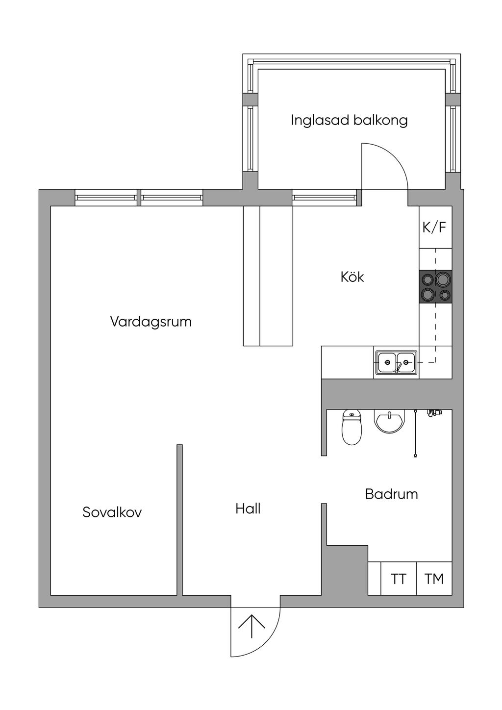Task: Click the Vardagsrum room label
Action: (151, 322)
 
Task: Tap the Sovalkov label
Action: (112, 512)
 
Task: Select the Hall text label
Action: (248, 509)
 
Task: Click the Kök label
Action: (352, 277)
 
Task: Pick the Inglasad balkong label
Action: (349, 121)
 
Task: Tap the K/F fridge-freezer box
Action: (435, 227)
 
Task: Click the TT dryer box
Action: (399, 579)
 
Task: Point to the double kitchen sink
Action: (397, 362)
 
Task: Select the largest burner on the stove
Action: (443, 279)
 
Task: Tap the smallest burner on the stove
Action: (445, 295)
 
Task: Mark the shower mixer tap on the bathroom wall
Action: (434, 412)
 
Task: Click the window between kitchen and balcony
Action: (324, 198)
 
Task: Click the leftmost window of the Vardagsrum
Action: (106, 198)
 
